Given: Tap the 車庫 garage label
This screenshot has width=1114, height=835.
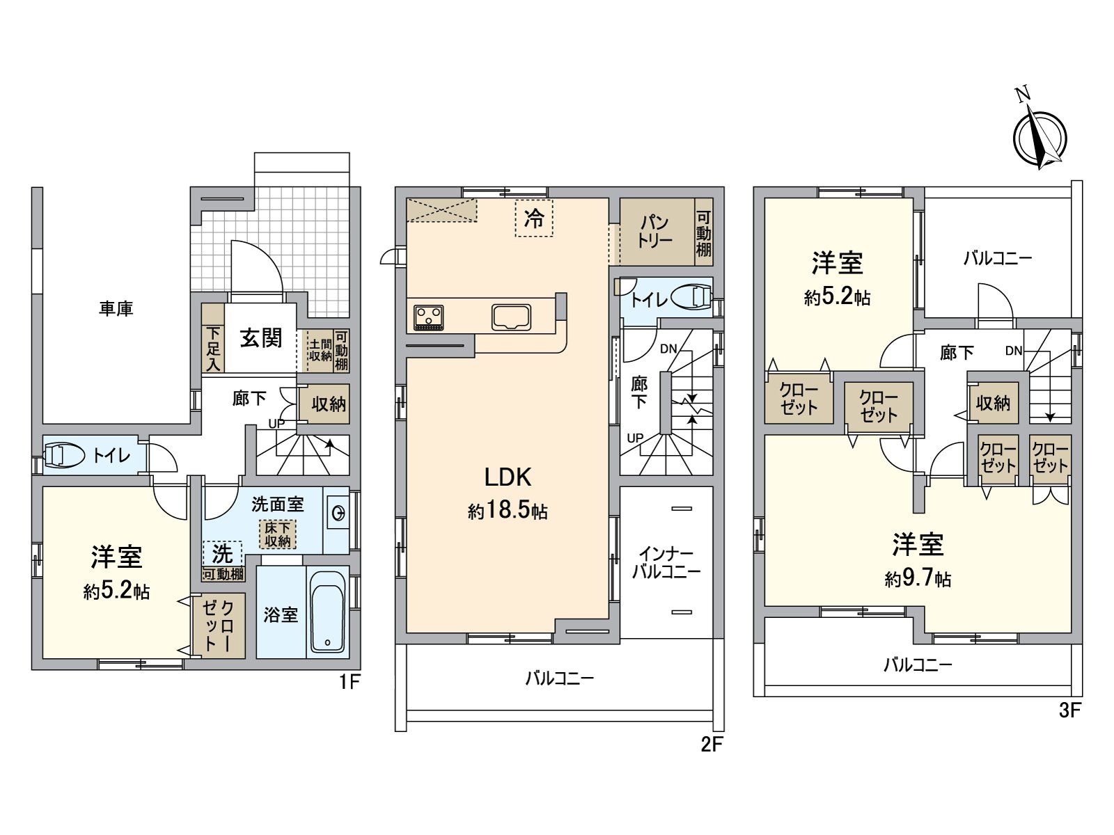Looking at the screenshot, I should [x=116, y=308].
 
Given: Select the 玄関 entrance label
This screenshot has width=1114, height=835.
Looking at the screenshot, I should [x=261, y=338].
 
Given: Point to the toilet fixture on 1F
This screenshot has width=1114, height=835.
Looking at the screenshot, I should [x=61, y=456].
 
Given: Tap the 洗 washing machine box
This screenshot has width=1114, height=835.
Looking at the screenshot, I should [x=222, y=554].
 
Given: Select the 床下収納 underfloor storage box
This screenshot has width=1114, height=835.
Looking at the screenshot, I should [x=277, y=534].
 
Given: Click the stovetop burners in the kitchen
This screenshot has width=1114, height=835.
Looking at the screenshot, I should [x=428, y=317].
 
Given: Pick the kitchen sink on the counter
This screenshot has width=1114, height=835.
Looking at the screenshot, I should [x=512, y=317].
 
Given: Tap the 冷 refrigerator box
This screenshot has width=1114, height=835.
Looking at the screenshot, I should [x=534, y=218].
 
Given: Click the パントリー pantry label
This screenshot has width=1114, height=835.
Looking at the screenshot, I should [x=654, y=230].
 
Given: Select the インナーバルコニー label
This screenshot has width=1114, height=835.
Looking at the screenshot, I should [x=666, y=564].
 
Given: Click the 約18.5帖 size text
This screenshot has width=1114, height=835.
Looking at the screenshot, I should [x=508, y=512].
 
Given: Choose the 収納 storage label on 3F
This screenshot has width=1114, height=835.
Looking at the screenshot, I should [x=993, y=403].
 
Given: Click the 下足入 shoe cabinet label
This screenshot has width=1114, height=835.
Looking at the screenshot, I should [x=212, y=349].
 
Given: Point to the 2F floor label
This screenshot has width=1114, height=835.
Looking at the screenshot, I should [x=712, y=745].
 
